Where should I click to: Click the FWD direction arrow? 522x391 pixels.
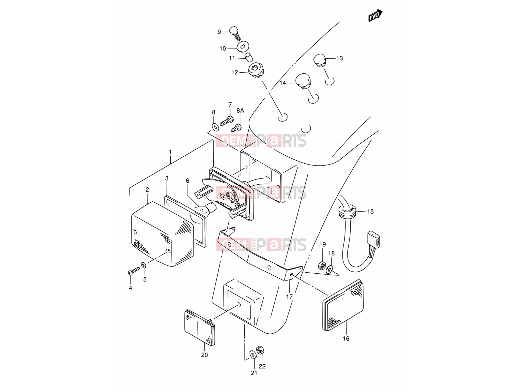(375, 15)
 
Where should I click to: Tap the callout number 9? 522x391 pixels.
(219, 32)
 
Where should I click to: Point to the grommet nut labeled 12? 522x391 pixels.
(255, 70)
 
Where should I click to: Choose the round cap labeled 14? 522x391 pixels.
(303, 81)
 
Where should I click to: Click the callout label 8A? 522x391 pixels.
(240, 110)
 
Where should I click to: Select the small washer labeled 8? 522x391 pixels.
(215, 127)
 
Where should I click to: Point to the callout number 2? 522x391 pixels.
(147, 189)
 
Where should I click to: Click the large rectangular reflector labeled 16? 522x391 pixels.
(343, 306)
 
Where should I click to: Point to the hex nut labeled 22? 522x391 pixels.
(261, 350)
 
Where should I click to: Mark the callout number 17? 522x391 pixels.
(289, 297)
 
